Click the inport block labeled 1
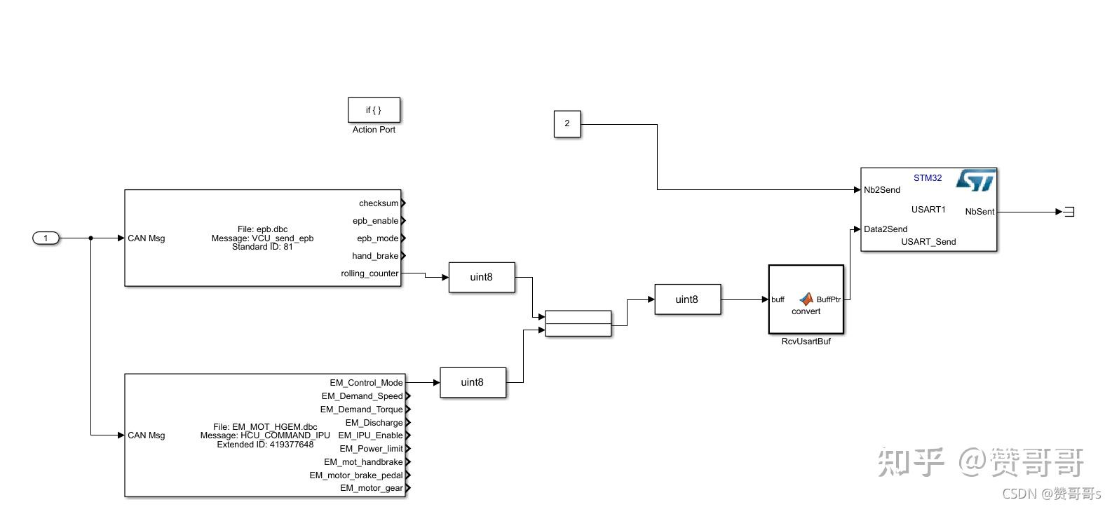point(46,238)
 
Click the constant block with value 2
point(567,123)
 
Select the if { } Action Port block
point(374,110)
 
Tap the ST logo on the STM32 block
point(975,180)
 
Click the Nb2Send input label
point(882,190)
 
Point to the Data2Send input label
point(886,229)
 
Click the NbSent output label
point(979,212)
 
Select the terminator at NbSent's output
point(1069,212)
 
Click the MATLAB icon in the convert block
point(806,299)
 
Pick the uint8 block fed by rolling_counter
point(481,278)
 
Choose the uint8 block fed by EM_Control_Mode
point(472,383)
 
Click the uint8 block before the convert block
point(686,300)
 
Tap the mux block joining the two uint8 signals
point(578,324)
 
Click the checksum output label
point(379,203)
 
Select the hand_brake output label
point(375,256)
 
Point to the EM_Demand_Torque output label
point(361,410)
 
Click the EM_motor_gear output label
point(371,488)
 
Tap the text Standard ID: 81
point(262,247)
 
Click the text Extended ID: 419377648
point(265,445)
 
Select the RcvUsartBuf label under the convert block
point(806,342)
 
